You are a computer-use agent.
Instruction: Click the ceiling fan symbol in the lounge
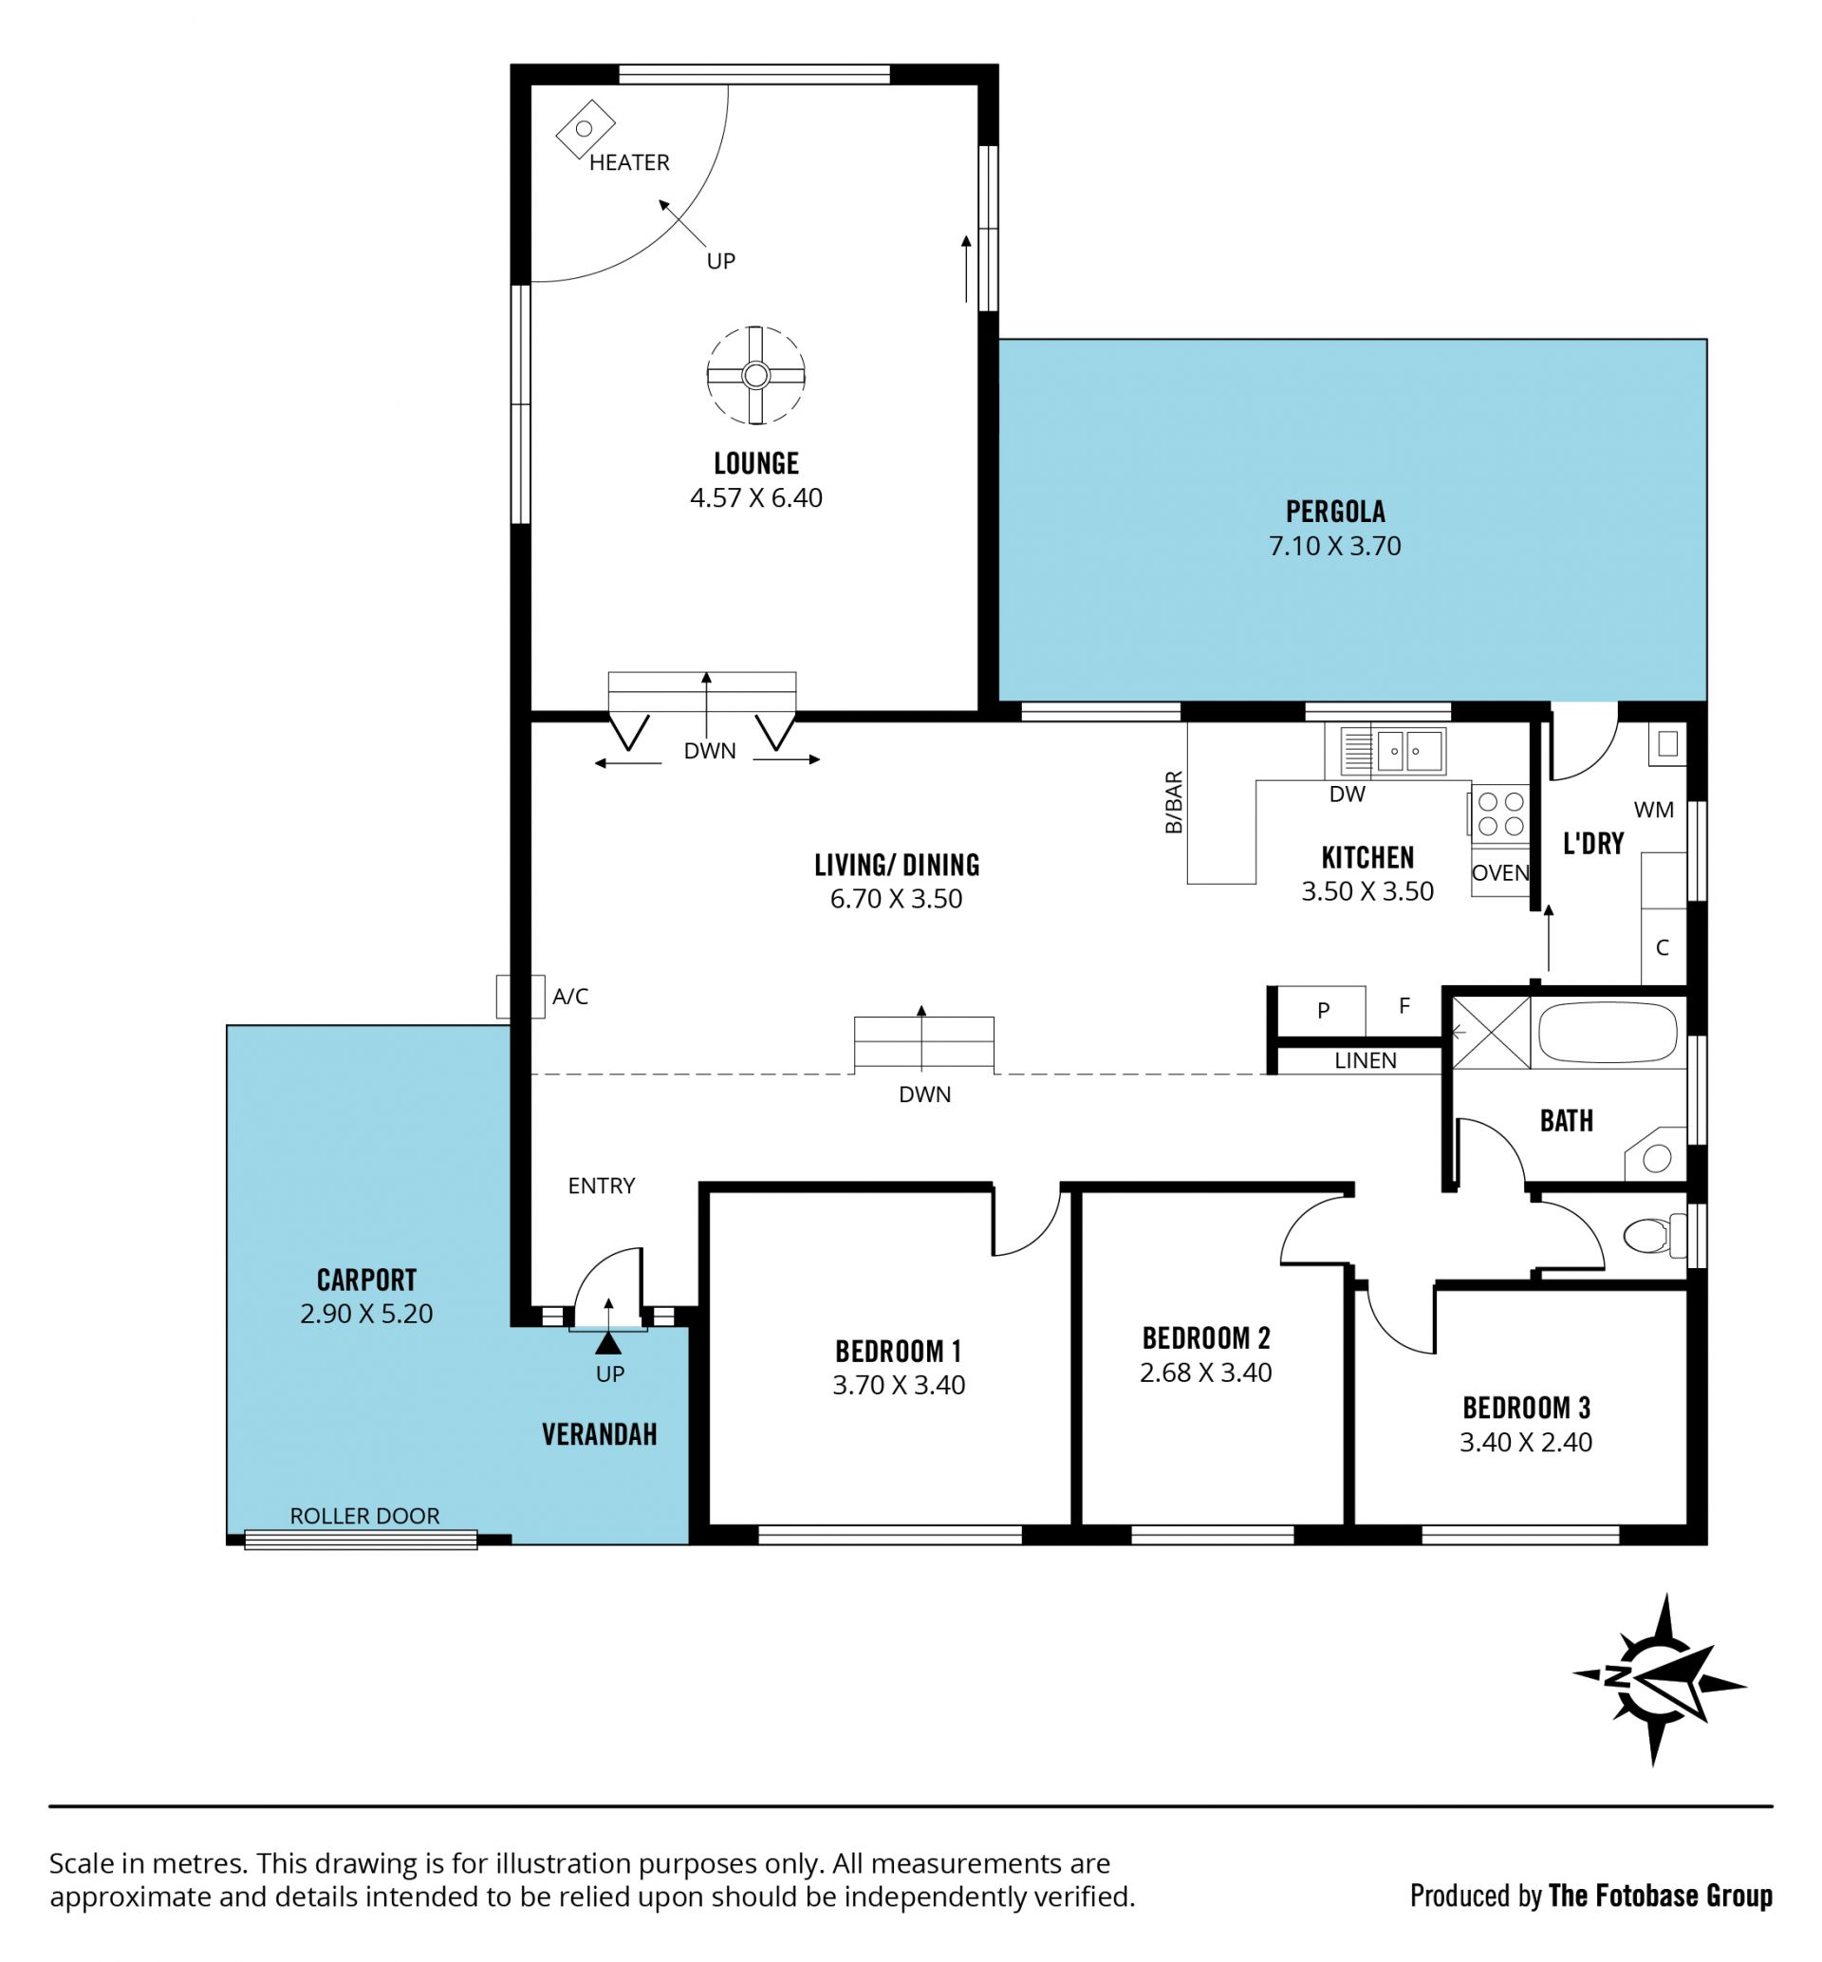click(756, 376)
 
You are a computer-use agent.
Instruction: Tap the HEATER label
click(629, 162)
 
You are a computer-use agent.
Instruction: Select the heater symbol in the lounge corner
click(586, 129)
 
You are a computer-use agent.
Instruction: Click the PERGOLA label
click(1335, 512)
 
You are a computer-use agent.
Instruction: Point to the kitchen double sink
click(1392, 751)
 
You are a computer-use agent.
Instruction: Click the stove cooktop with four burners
click(1500, 814)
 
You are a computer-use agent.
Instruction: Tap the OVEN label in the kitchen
click(1500, 872)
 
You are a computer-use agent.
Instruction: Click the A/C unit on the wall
click(520, 997)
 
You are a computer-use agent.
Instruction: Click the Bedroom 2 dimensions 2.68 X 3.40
click(1206, 1373)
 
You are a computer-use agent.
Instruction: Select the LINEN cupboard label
click(1366, 1061)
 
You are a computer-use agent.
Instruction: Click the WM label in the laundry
click(1653, 811)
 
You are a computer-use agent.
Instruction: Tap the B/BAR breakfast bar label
click(1173, 802)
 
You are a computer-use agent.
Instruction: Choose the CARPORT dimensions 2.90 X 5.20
click(366, 1314)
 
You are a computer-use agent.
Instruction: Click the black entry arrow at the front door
click(608, 1343)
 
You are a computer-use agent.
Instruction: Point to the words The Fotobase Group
click(1661, 1896)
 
